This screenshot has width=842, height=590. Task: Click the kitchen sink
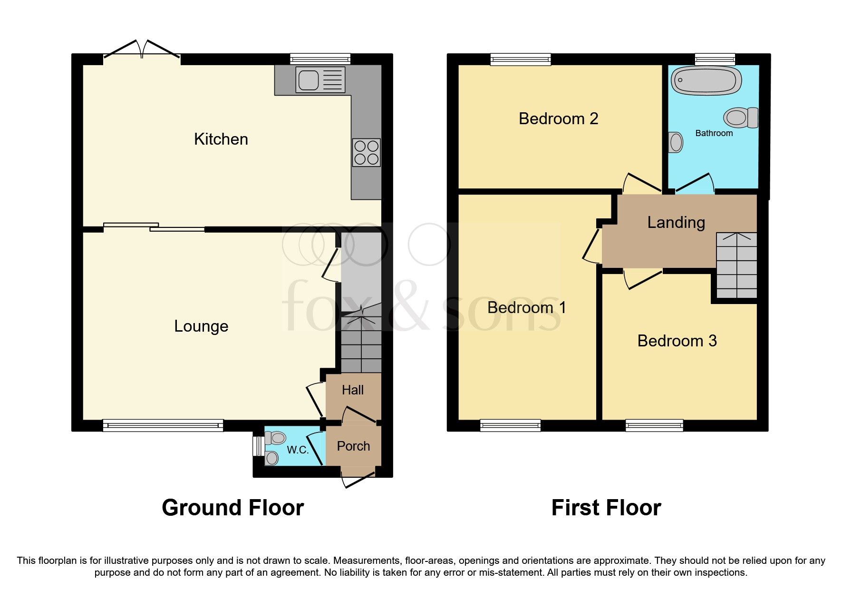click(x=320, y=79)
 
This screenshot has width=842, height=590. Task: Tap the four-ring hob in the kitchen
click(x=366, y=152)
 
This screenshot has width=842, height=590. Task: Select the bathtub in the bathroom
click(x=706, y=80)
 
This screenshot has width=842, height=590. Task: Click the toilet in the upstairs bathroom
click(x=741, y=118)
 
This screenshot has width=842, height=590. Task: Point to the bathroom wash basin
click(x=675, y=142)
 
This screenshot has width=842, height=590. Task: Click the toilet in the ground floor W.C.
click(x=275, y=437)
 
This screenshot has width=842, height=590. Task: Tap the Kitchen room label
click(x=221, y=139)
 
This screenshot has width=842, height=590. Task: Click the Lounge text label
click(x=201, y=326)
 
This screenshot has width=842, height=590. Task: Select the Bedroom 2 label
click(x=558, y=119)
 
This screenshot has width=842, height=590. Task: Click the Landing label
click(x=676, y=223)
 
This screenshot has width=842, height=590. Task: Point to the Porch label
click(x=353, y=446)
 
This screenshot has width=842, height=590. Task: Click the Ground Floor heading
click(x=232, y=508)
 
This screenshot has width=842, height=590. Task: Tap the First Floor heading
click(x=606, y=508)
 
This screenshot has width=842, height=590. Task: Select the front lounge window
click(x=163, y=425)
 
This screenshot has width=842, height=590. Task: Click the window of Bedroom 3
click(x=654, y=425)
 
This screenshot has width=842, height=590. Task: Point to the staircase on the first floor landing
click(x=736, y=265)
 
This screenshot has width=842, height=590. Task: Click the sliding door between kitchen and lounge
click(x=154, y=227)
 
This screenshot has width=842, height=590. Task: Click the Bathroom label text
click(x=714, y=134)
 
